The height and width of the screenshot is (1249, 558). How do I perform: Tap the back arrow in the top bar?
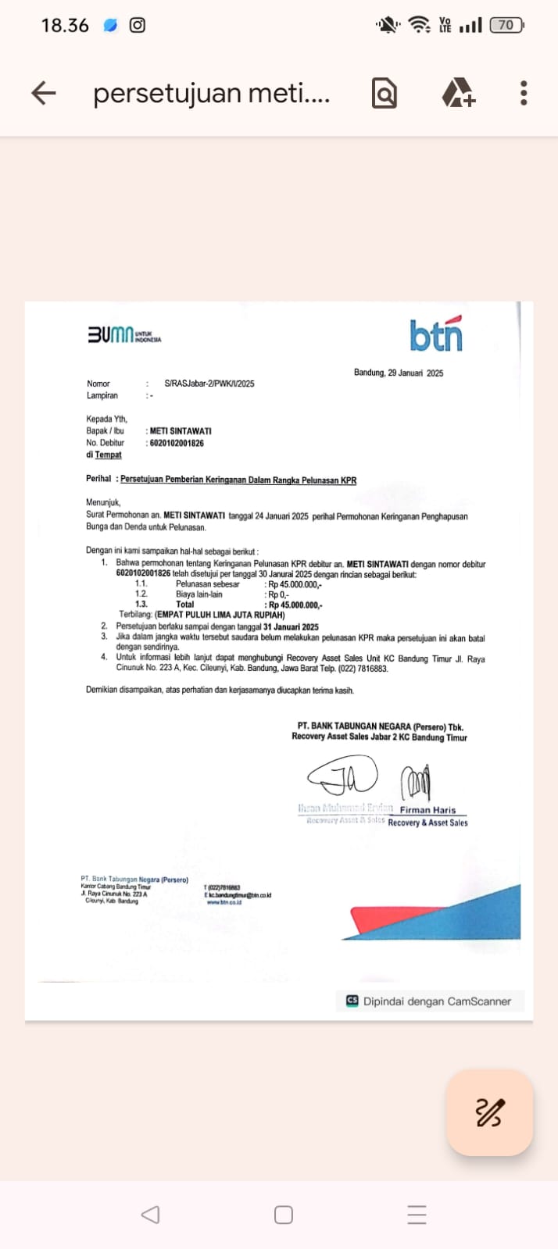pyautogui.click(x=44, y=93)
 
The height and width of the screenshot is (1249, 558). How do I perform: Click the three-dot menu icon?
pyautogui.click(x=524, y=93)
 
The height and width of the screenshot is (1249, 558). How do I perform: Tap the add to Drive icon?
pyautogui.click(x=458, y=93)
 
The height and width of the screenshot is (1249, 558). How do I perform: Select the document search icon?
pyautogui.click(x=384, y=94)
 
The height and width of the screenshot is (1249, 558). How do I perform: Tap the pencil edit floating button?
pyautogui.click(x=489, y=1112)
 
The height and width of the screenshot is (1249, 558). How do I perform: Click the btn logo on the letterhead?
pyautogui.click(x=436, y=335)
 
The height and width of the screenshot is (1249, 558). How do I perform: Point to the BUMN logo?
pyautogui.click(x=123, y=335)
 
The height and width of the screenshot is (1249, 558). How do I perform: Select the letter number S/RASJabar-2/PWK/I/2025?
pyautogui.click(x=209, y=384)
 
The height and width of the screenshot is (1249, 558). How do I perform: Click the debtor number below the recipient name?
pyautogui.click(x=177, y=443)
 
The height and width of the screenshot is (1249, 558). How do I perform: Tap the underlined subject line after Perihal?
pyautogui.click(x=238, y=480)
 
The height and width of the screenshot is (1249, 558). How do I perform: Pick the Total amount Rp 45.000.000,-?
pyautogui.click(x=295, y=605)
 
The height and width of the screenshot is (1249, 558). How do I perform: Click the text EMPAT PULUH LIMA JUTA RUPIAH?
pyautogui.click(x=220, y=615)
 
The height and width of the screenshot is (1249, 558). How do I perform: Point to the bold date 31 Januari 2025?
pyautogui.click(x=291, y=626)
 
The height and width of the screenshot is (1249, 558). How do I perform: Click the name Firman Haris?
pyautogui.click(x=427, y=810)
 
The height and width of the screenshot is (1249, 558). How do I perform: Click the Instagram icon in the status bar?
pyautogui.click(x=138, y=25)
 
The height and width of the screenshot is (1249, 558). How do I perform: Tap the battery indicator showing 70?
pyautogui.click(x=506, y=25)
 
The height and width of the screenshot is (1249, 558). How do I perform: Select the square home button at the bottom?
pyautogui.click(x=284, y=1215)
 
